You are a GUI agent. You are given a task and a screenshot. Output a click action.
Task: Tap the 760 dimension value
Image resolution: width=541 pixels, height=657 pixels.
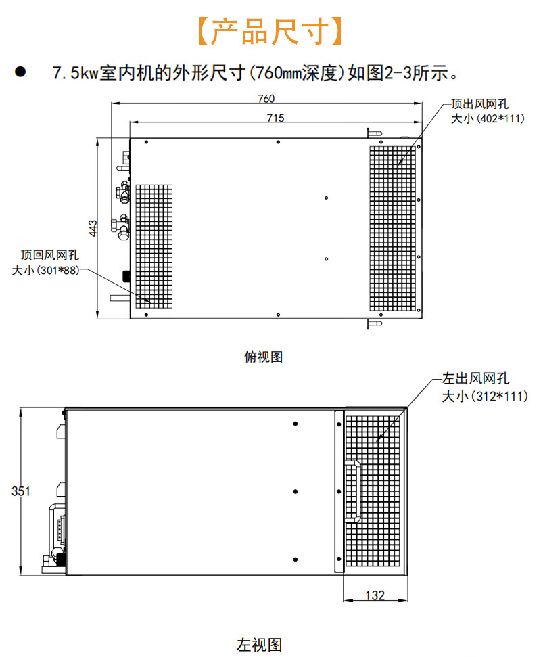(266, 99)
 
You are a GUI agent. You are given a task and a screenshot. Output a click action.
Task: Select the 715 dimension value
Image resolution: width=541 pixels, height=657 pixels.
(275, 118)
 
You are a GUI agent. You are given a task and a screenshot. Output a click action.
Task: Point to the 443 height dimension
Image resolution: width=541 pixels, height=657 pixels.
(93, 227)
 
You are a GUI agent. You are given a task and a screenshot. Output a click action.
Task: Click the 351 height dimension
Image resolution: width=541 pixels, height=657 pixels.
(21, 491)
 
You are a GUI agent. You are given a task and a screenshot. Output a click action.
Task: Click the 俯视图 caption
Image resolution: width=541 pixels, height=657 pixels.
(263, 357)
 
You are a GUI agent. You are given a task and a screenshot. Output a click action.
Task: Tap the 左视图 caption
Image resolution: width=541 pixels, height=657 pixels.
(259, 644)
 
